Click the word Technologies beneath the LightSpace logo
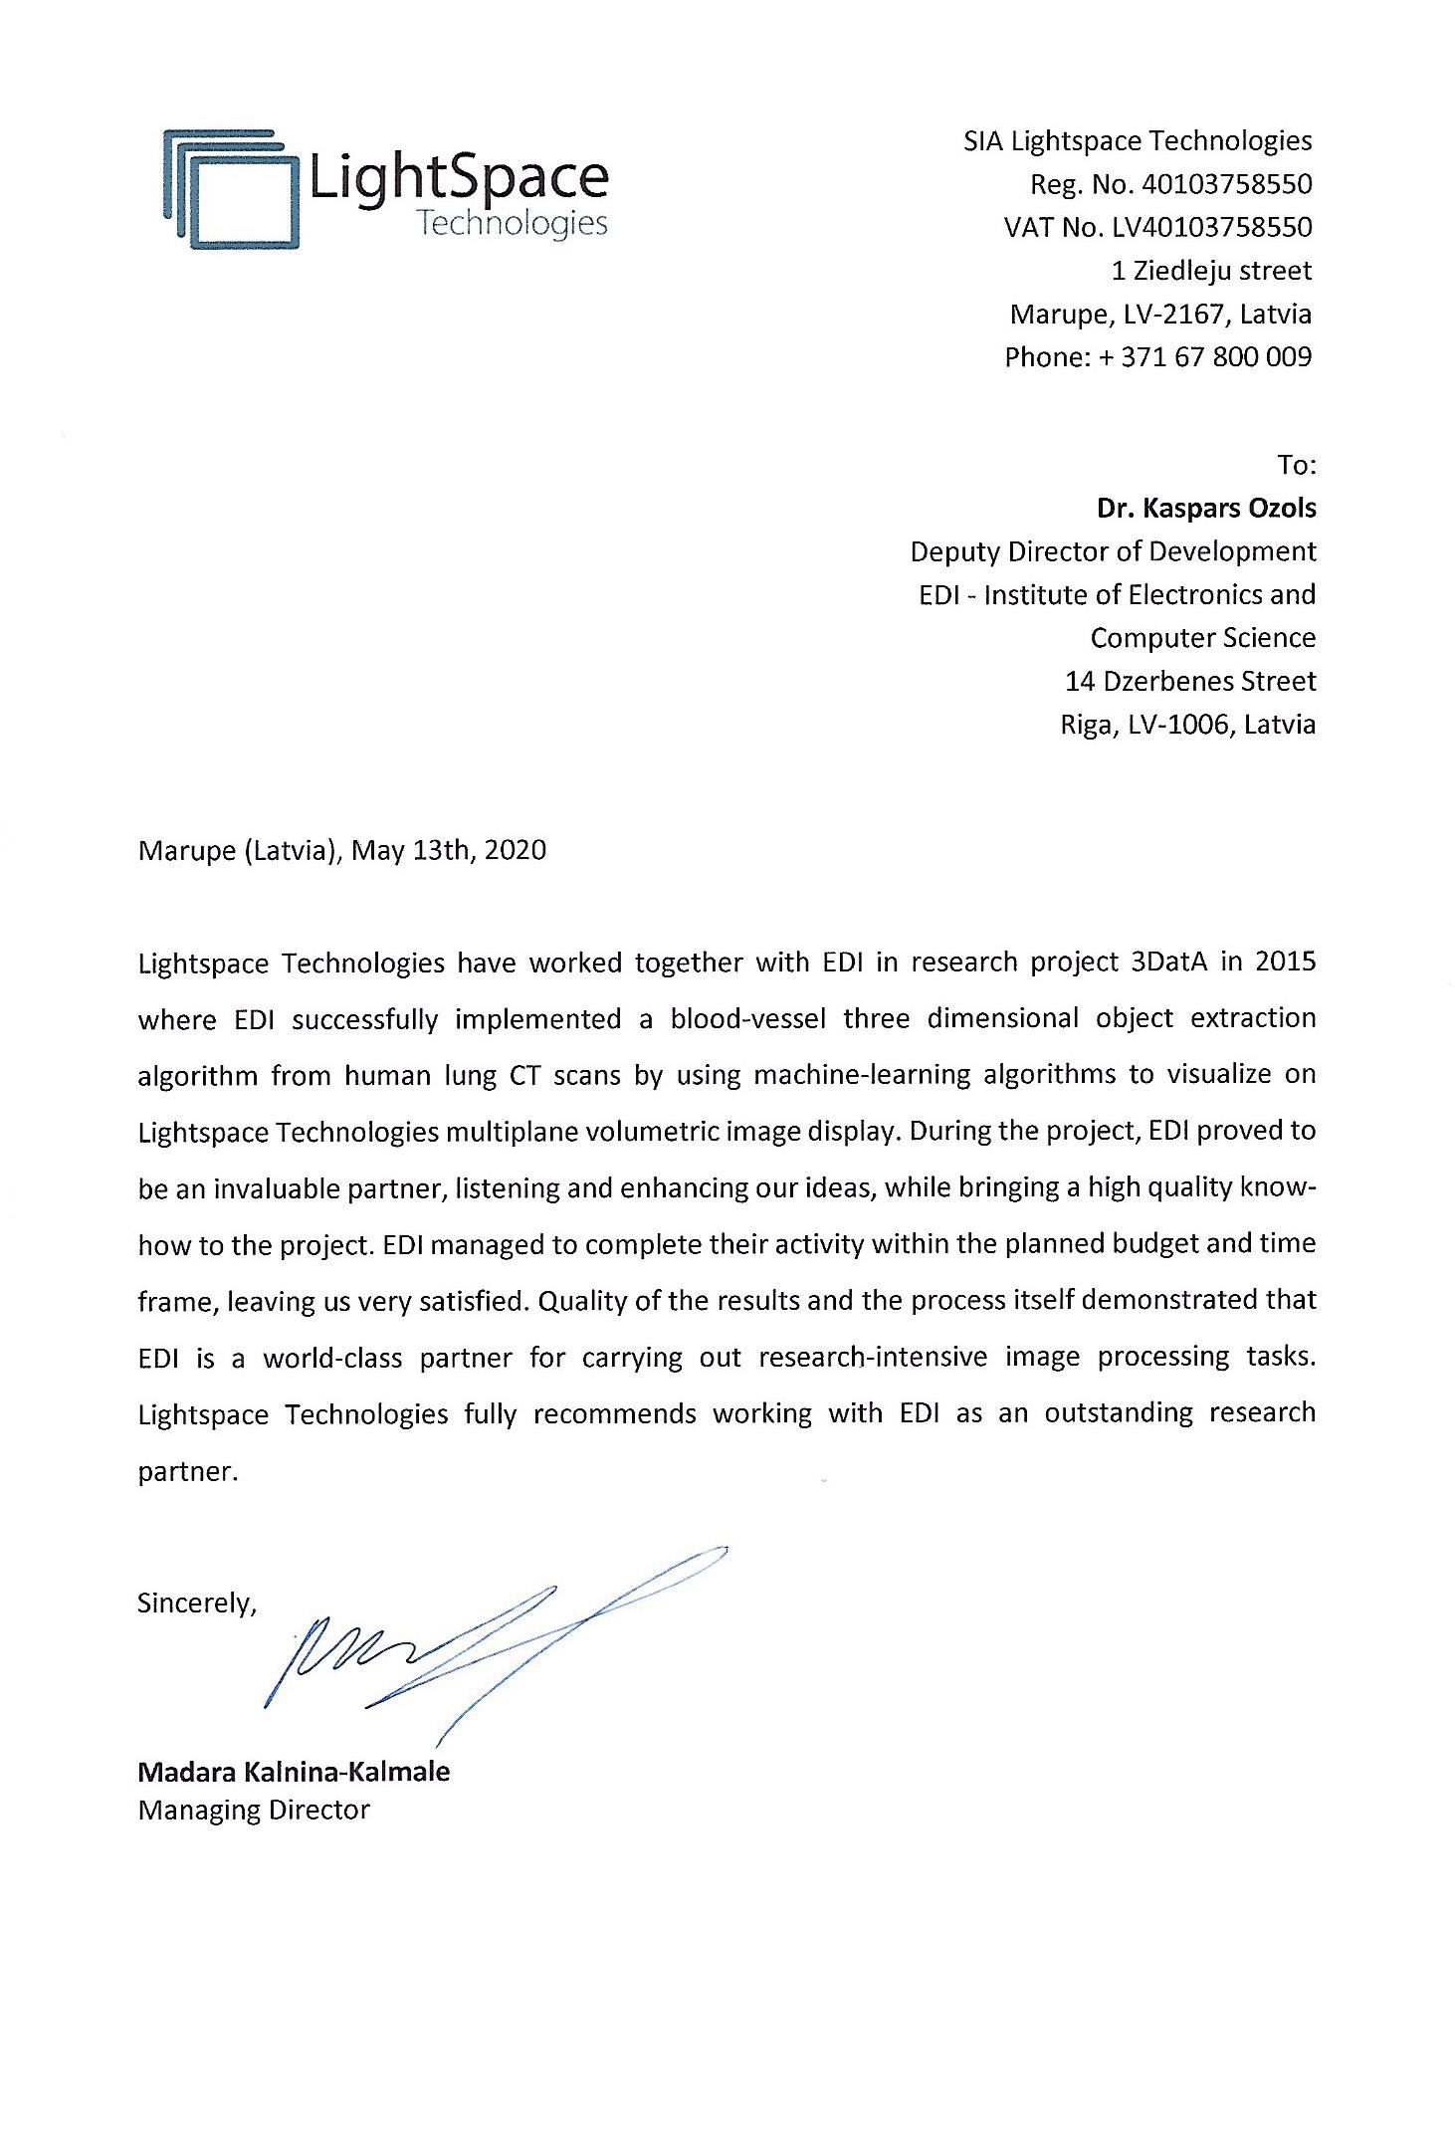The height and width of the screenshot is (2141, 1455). coord(512,223)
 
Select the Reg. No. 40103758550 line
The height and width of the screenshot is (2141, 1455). coord(1170,184)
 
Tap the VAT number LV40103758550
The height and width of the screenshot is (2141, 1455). coord(1211,227)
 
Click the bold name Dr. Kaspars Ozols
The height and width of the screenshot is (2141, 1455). coord(1205,508)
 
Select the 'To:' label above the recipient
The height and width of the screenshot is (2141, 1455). coord(1297,465)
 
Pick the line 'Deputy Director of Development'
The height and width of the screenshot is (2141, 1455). coord(1113,550)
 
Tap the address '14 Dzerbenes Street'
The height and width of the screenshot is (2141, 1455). coord(1189,681)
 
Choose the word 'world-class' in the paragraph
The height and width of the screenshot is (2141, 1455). coord(332,1358)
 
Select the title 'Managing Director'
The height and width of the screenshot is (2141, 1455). coord(254,1809)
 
